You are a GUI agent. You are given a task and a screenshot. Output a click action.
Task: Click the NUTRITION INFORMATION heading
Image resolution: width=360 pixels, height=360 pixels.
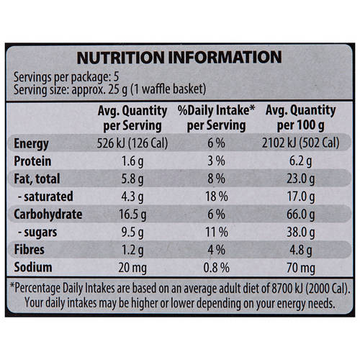coord(179,58)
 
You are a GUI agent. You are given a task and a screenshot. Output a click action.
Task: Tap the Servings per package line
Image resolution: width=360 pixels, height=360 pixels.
coord(68,76)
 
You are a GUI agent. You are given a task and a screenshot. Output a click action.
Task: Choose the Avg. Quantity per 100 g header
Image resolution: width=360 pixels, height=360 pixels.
coord(300,117)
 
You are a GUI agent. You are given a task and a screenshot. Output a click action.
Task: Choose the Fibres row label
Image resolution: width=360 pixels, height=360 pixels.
coord(32,251)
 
